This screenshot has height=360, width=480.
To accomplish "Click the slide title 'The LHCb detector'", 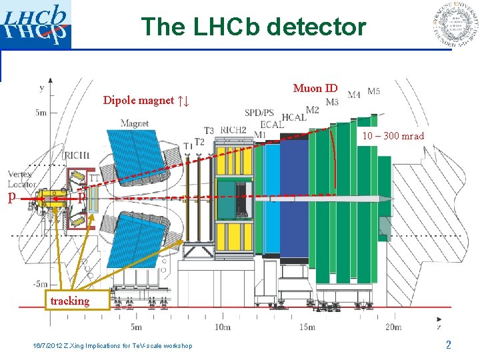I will (253, 27).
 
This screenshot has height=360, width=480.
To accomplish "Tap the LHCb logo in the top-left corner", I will (36, 25).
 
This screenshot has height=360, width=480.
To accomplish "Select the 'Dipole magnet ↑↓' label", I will (147, 101).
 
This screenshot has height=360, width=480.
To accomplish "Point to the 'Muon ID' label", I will (315, 88).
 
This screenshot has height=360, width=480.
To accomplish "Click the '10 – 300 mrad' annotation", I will (393, 136).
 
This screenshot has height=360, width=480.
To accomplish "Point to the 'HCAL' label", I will (293, 117).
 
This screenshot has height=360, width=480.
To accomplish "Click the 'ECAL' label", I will (272, 124).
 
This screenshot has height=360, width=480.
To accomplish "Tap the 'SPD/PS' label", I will (259, 113).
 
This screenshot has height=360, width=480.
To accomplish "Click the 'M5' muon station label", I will (373, 91).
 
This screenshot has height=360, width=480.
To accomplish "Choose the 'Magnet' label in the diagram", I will (135, 123).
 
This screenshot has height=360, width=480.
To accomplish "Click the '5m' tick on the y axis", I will (41, 112).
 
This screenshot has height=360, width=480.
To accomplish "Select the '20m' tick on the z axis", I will (393, 327).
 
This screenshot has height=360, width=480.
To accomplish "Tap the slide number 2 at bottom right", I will (449, 345).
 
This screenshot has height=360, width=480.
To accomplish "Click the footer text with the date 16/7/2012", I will (113, 345).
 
